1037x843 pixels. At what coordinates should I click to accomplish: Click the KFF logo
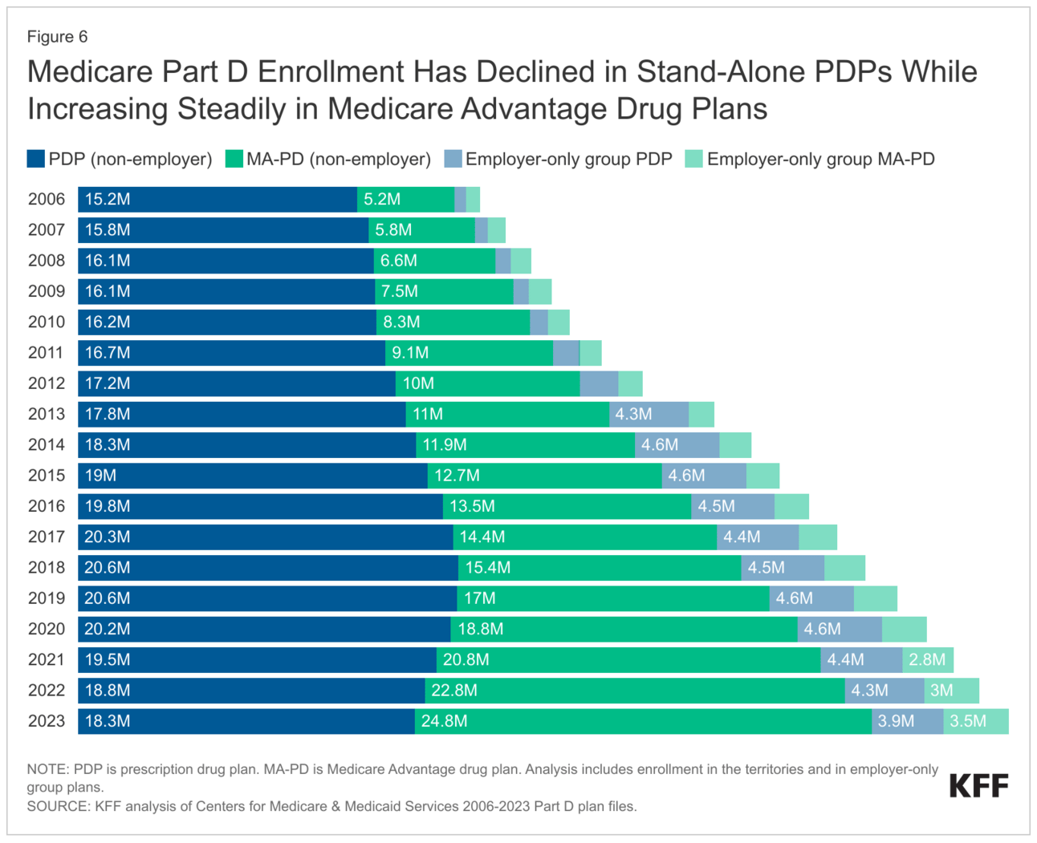coord(978,786)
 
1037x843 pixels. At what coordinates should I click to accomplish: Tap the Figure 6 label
coord(57,37)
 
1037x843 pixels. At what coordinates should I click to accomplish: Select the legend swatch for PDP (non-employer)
coord(35,159)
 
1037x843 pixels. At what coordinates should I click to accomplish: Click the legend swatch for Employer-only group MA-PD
coord(693,159)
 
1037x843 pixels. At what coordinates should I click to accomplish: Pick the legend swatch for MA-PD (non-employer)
coord(234,159)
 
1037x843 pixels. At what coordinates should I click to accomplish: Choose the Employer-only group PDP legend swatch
coord(453,159)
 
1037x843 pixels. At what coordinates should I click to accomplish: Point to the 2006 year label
coord(47,200)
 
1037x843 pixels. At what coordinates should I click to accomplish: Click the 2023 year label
coord(47,721)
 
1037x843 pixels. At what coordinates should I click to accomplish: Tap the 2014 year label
coord(47,445)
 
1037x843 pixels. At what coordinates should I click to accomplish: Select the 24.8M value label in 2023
coord(444,721)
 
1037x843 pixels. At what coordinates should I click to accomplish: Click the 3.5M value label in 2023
coord(968,721)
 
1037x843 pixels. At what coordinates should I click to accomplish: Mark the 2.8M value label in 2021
coord(927,660)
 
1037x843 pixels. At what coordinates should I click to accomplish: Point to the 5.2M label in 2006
coord(382,200)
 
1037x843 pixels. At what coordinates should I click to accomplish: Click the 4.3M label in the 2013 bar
coord(633,415)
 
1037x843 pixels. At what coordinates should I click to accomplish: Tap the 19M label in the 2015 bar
coord(100,476)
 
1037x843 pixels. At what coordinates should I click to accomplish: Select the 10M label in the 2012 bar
coord(418,384)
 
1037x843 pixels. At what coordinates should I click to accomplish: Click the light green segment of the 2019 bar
coord(875,598)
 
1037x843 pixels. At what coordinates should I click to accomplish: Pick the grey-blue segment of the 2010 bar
coord(539,322)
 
